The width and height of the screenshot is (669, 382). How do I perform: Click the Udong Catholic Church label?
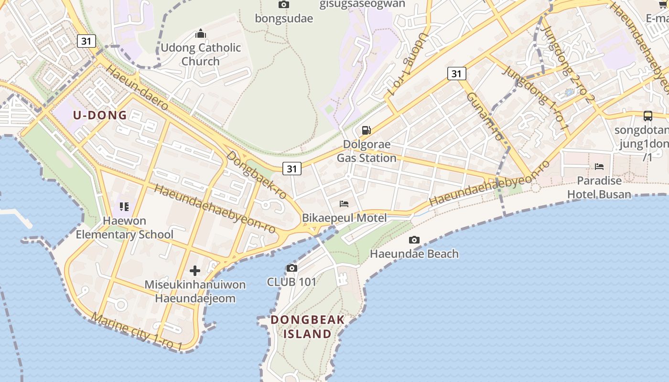coord(201,54)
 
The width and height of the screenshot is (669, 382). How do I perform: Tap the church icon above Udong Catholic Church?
coord(201,33)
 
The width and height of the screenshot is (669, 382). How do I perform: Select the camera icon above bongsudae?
coord(284,5)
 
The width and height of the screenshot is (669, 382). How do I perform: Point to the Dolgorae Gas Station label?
coord(367,151)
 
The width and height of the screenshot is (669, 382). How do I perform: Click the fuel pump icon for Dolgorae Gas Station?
coord(367,130)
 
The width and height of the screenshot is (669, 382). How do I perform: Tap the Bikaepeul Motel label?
coord(344,218)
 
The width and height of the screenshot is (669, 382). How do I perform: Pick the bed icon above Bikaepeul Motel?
coord(344,204)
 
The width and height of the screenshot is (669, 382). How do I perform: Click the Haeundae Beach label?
coord(414,254)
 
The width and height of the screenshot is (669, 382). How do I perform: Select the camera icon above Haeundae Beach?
coord(414,240)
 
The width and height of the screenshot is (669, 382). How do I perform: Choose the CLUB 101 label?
coord(291,282)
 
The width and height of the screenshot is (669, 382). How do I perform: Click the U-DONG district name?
coord(100,115)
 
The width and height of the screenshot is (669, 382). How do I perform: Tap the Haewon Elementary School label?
coord(125,228)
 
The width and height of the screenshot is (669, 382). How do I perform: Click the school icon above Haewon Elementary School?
coord(124,207)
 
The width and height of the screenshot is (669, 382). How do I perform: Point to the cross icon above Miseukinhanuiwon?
coord(195,271)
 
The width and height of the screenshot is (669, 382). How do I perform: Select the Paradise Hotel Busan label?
coord(599,187)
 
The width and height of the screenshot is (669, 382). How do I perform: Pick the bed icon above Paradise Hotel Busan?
coord(599,166)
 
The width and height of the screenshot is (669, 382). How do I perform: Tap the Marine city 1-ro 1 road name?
coord(137,332)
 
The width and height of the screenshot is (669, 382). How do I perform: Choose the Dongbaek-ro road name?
coord(256,175)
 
